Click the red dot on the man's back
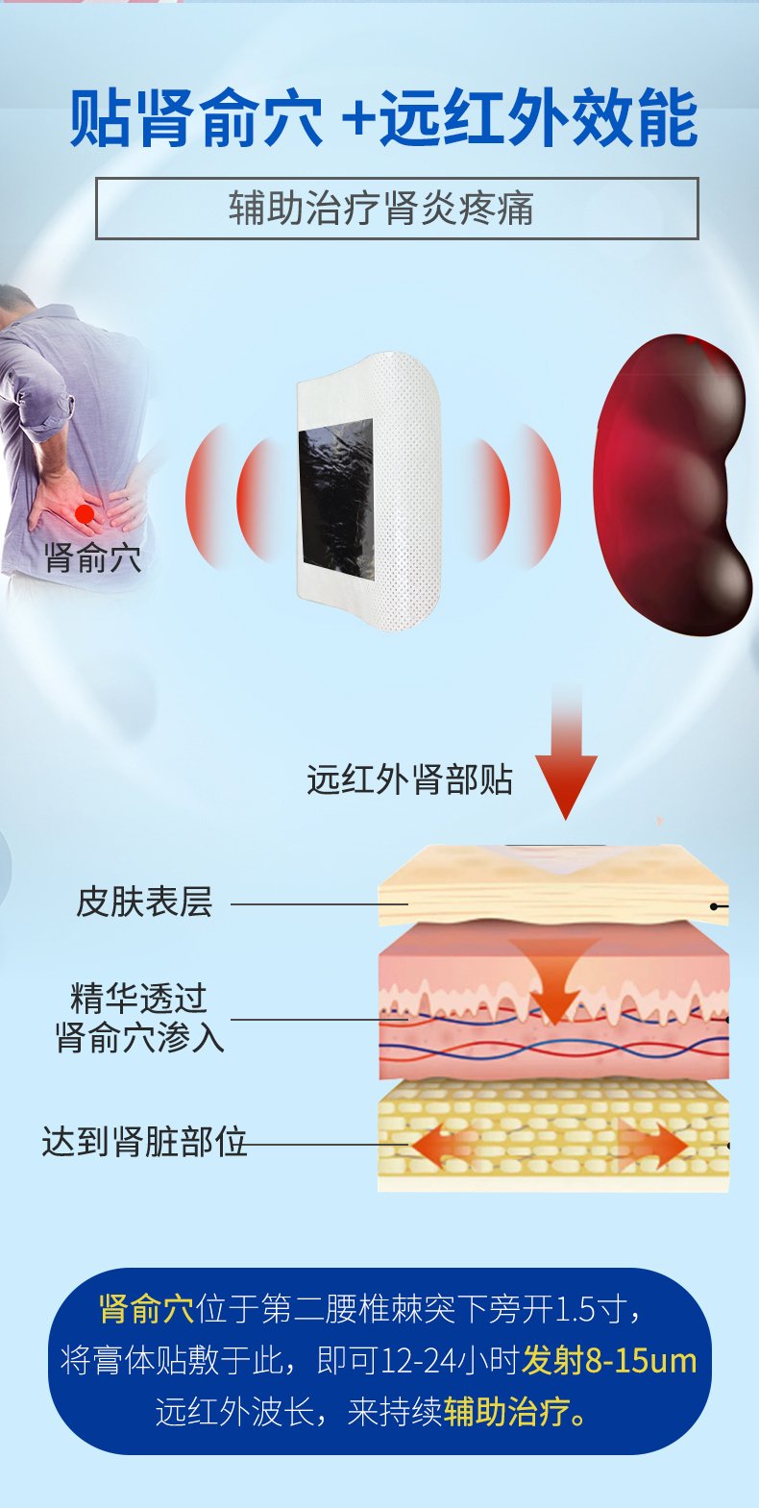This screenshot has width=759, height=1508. coord(85,514)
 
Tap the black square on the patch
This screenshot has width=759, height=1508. coord(336,500)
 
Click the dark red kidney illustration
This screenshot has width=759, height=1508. coord(672,484)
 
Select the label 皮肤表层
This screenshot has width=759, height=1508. coord(144,902)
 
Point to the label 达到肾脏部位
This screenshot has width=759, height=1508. coord(144,1142)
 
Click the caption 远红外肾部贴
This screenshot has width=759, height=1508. coord(409,780)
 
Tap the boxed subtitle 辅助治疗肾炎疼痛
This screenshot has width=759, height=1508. coord(380,208)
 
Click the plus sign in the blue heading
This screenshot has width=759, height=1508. coord(357,122)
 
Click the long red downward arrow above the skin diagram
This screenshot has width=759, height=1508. coord(566,753)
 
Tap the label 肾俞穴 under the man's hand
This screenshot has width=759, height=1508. coord(92,558)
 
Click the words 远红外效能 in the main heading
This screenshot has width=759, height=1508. coord(538,121)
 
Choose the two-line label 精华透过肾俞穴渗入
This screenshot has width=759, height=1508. coord(139,1018)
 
